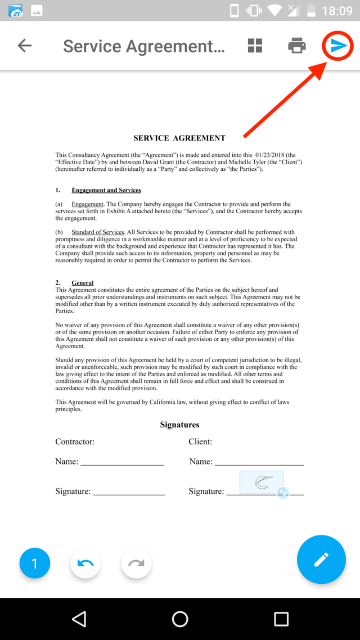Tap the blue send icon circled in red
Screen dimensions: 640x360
pyautogui.click(x=337, y=46)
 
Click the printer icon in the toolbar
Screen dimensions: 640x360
pyautogui.click(x=297, y=46)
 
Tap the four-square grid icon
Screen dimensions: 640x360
pyautogui.click(x=255, y=46)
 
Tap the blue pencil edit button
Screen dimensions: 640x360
pyautogui.click(x=321, y=560)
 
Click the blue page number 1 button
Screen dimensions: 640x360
pyautogui.click(x=34, y=563)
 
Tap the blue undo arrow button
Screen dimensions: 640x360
pyautogui.click(x=85, y=563)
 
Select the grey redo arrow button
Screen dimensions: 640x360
pyautogui.click(x=136, y=563)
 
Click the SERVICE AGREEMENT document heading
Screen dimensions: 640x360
pyautogui.click(x=179, y=138)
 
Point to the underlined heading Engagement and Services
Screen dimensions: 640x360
pyautogui.click(x=106, y=190)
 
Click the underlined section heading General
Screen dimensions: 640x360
pyautogui.click(x=83, y=283)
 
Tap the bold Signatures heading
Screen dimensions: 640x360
pyautogui.click(x=179, y=425)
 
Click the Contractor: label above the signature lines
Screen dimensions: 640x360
pyautogui.click(x=75, y=442)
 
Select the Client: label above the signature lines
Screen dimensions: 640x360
pyautogui.click(x=200, y=442)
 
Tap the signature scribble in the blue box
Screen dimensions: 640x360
pyautogui.click(x=263, y=482)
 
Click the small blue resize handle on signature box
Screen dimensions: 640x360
pyautogui.click(x=283, y=493)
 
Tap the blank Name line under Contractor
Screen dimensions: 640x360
pyautogui.click(x=122, y=462)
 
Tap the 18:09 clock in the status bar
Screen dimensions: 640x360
pyautogui.click(x=337, y=11)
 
